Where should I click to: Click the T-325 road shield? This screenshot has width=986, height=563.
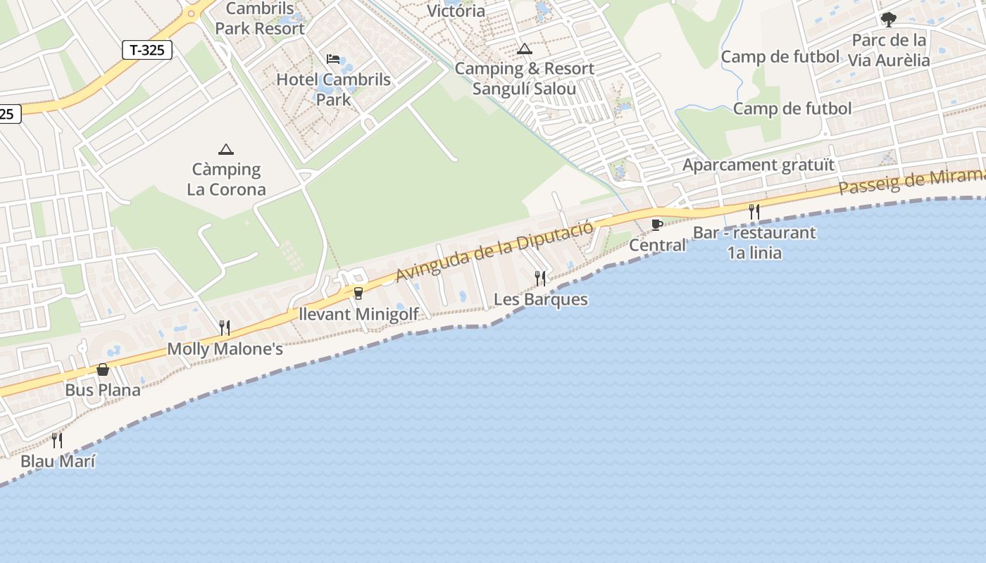tap(147, 50)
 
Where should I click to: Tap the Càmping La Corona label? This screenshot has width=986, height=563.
tap(226, 179)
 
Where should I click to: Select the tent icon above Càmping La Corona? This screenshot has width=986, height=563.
tap(226, 149)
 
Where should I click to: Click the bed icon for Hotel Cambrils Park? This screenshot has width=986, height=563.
tap(333, 58)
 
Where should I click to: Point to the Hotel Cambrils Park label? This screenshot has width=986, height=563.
tap(333, 89)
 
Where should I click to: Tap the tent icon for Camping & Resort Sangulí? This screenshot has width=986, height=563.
tap(524, 49)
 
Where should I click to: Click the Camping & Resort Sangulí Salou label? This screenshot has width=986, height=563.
tap(524, 79)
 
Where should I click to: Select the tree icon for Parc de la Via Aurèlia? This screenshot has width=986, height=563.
tap(889, 20)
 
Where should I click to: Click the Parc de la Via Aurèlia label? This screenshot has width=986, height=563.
tap(889, 50)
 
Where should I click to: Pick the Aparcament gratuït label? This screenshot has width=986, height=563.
tap(759, 165)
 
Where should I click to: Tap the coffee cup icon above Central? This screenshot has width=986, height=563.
tap(656, 224)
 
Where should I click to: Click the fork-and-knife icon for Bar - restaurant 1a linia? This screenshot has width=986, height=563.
tap(754, 211)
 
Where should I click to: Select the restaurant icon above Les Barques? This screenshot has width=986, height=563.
tap(540, 278)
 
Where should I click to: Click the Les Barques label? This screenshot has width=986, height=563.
tap(540, 299)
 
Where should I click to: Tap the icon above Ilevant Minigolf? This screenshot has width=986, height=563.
tap(358, 293)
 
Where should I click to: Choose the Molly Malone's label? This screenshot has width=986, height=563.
tap(225, 349)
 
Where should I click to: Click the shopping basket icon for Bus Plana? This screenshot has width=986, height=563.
tap(103, 369)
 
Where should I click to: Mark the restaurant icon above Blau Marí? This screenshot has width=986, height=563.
tap(57, 441)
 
